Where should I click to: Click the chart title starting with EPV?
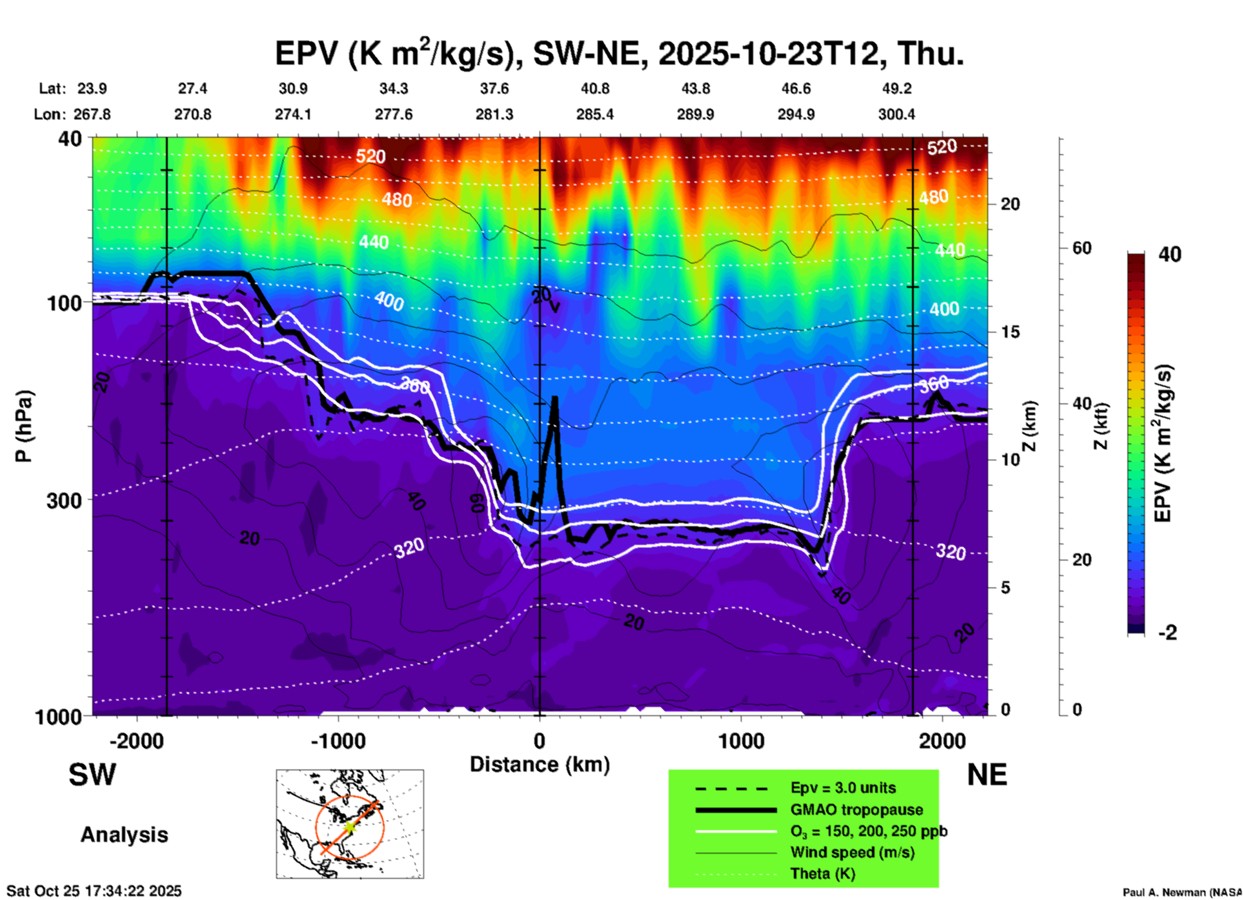point(620,53)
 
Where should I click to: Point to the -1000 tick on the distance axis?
point(338,741)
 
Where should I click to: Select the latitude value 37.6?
point(494,88)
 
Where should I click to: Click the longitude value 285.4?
point(595,114)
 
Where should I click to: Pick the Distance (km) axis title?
point(540,764)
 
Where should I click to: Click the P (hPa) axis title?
point(24,426)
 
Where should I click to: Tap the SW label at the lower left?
point(92,775)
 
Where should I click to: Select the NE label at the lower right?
point(987,775)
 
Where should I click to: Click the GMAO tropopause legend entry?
point(856,810)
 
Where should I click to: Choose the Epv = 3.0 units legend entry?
point(843,788)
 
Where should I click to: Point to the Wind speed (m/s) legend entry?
point(852,852)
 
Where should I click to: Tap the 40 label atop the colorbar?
point(1169,254)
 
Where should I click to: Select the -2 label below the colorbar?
point(1167,633)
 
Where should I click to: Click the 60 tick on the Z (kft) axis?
point(1082,248)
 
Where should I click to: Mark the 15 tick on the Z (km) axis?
point(1010,332)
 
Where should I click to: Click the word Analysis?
point(124,835)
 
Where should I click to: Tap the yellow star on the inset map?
point(349,826)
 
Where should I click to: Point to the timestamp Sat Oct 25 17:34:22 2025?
point(94,891)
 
